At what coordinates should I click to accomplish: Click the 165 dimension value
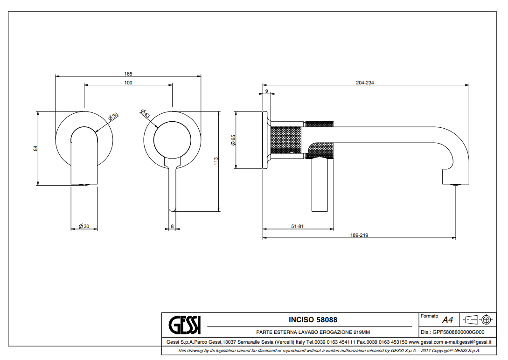pyautogui.click(x=128, y=74)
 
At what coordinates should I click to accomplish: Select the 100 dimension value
pyautogui.click(x=128, y=83)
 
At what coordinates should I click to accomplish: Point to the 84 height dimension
pyautogui.click(x=35, y=148)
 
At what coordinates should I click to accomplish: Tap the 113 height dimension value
pyautogui.click(x=216, y=161)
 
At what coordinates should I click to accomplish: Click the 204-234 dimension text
pyautogui.click(x=365, y=83)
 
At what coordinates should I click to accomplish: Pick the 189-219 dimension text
pyautogui.click(x=359, y=235)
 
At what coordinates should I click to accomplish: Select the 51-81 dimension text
pyautogui.click(x=298, y=227)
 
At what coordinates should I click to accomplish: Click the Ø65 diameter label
pyautogui.click(x=233, y=140)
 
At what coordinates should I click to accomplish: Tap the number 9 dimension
pyautogui.click(x=266, y=91)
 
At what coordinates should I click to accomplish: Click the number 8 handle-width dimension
pyautogui.click(x=173, y=227)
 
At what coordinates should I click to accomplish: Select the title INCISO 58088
pyautogui.click(x=313, y=320)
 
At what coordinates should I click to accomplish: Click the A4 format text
pyautogui.click(x=448, y=320)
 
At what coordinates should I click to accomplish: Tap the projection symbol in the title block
pyautogui.click(x=478, y=319)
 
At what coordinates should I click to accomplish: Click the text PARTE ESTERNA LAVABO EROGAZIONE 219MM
pyautogui.click(x=313, y=332)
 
